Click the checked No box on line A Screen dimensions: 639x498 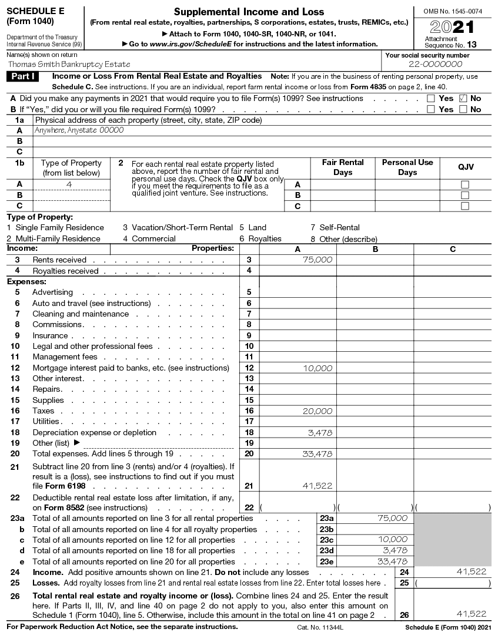tap(463, 99)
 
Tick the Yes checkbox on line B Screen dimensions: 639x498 tap(431, 109)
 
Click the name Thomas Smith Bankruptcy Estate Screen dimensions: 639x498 tap(69, 64)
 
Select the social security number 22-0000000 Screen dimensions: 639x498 tap(435, 64)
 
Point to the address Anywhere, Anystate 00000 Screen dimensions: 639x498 tap(79, 130)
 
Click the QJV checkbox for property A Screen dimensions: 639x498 tap(465, 184)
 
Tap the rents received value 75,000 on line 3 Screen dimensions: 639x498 tap(317, 260)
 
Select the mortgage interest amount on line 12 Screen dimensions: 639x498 tap(317, 368)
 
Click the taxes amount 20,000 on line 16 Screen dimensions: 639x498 tap(317, 411)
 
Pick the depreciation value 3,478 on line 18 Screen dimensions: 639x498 tap(320, 433)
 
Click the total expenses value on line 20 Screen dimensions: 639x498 tap(317, 454)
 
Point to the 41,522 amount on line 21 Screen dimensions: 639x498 tap(317, 486)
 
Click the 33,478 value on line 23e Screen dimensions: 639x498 tap(392, 561)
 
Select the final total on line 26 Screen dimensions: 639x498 tap(472, 614)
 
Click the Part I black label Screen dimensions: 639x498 tap(23, 76)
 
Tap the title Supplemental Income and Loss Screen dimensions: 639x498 tap(249, 12)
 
